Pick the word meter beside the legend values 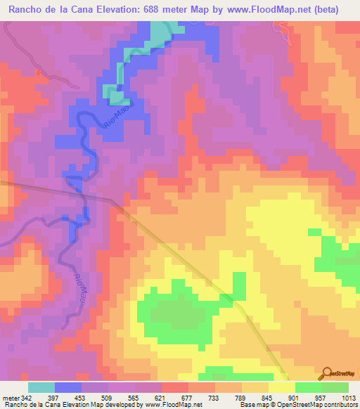coord(11,397)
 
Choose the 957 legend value coord(321,397)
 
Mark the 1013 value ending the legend coord(347,397)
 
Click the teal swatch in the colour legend coord(41,387)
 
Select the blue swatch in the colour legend coord(68,387)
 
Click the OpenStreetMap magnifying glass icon coord(327,373)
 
